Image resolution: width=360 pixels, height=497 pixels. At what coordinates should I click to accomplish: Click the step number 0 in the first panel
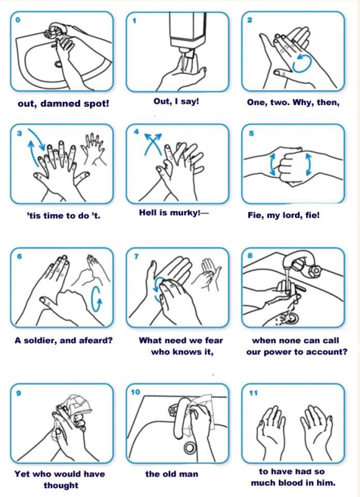pos(18,20)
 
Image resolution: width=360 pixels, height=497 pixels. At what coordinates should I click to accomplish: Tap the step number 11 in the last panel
pos(253,393)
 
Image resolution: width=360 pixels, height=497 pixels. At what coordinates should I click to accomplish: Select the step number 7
pos(137,256)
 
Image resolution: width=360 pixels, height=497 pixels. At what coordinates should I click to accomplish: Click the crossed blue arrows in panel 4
pos(153,144)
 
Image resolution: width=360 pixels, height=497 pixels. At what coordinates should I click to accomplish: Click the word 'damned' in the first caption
pos(61,104)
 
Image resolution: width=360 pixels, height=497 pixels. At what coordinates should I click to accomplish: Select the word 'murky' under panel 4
pos(183,212)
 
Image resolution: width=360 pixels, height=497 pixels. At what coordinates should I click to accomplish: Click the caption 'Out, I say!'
pos(176,101)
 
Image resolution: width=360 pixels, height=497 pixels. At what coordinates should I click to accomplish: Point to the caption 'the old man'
pos(171,474)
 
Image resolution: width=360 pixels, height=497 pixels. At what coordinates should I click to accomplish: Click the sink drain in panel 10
pos(190,448)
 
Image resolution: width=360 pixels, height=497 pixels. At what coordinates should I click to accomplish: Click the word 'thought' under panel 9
pos(61,485)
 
